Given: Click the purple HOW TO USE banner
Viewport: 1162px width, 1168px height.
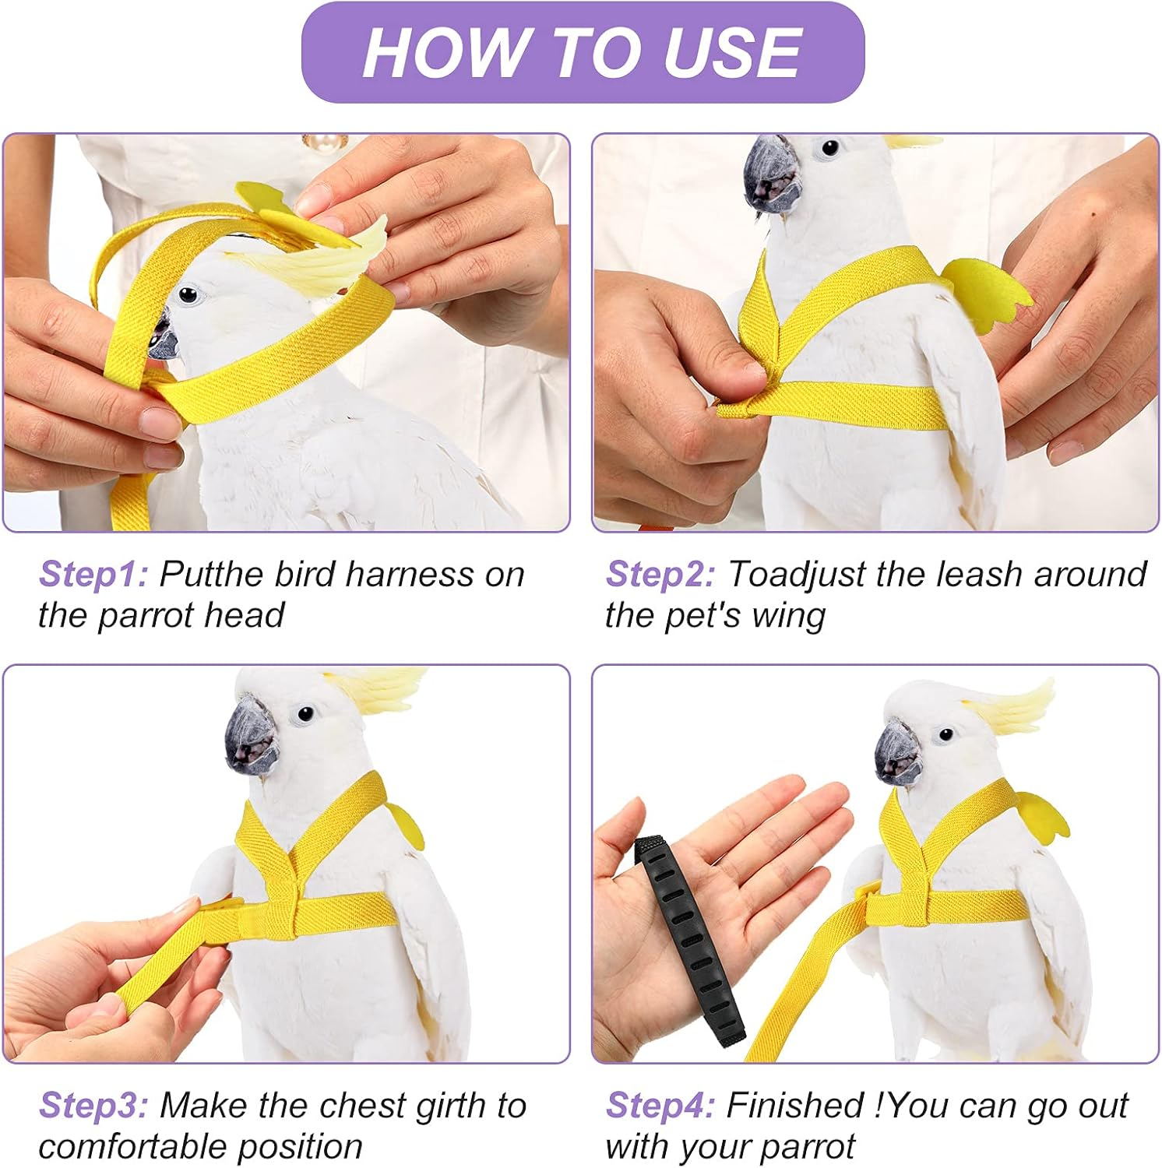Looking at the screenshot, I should click(x=582, y=52).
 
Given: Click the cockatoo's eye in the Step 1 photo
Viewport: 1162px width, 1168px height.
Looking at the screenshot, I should click(x=188, y=295).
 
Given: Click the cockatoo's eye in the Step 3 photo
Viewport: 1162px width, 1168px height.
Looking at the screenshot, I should click(x=305, y=712).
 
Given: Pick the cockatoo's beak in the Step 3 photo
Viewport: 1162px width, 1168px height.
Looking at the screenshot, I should click(x=251, y=736).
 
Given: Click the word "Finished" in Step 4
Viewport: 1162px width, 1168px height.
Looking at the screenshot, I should click(x=794, y=1106).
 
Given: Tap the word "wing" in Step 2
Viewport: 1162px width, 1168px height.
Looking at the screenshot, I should click(x=788, y=616).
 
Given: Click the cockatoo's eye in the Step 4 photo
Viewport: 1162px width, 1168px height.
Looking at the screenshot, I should click(x=945, y=734).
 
